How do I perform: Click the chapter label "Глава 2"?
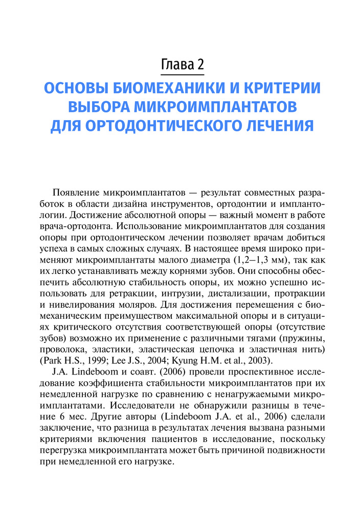coord(182,65)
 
